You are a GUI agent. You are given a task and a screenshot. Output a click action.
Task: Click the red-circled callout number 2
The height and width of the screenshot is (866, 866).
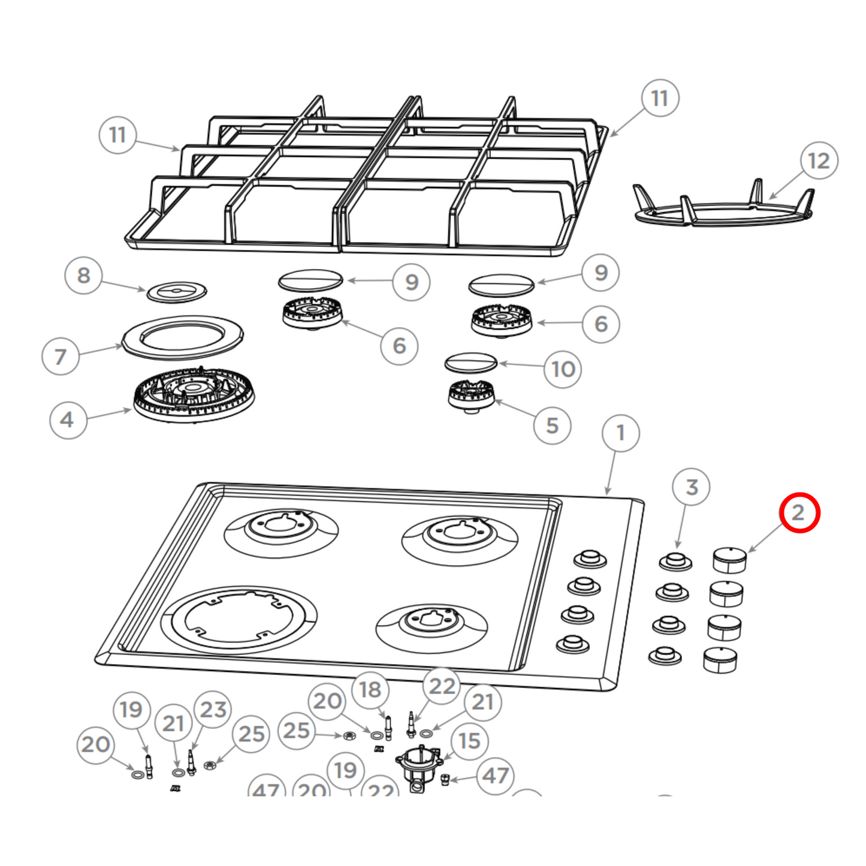[x=799, y=512]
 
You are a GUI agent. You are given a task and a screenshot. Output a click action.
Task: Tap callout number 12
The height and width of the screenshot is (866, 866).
[x=819, y=161]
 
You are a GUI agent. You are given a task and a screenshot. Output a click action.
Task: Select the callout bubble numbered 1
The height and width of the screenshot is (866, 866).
[x=620, y=433]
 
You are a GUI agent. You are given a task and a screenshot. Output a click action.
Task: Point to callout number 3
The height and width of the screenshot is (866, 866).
[x=691, y=487]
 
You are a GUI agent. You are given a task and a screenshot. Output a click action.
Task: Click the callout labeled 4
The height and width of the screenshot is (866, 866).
[x=68, y=420]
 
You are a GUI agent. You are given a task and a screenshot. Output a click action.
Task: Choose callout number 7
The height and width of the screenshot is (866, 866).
[x=61, y=357]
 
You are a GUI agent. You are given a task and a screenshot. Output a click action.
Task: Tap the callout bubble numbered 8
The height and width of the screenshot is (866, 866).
[x=83, y=276]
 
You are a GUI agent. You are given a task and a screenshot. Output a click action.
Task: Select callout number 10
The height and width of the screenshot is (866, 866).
[x=563, y=369]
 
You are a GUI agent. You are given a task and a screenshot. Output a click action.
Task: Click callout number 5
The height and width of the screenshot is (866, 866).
[x=552, y=426]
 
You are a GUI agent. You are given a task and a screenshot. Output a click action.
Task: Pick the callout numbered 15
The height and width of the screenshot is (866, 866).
[x=469, y=741]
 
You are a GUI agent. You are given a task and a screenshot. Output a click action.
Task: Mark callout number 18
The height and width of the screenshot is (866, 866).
[x=370, y=690]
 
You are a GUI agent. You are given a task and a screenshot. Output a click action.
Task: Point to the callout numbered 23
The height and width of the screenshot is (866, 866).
[x=213, y=710]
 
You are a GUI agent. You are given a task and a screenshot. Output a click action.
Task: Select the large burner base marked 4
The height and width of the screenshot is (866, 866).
[x=193, y=396]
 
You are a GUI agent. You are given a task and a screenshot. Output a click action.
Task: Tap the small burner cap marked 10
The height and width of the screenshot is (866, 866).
[x=471, y=362]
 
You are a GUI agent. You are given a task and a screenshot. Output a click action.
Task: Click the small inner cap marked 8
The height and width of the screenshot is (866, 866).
[x=177, y=292]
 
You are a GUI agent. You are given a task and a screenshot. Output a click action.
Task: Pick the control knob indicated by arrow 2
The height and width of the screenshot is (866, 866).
[x=729, y=560]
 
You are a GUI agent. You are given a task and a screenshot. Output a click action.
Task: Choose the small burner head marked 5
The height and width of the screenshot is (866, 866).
[x=471, y=396]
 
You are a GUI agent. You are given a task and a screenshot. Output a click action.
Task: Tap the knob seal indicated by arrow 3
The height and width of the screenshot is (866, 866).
[x=675, y=562]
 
